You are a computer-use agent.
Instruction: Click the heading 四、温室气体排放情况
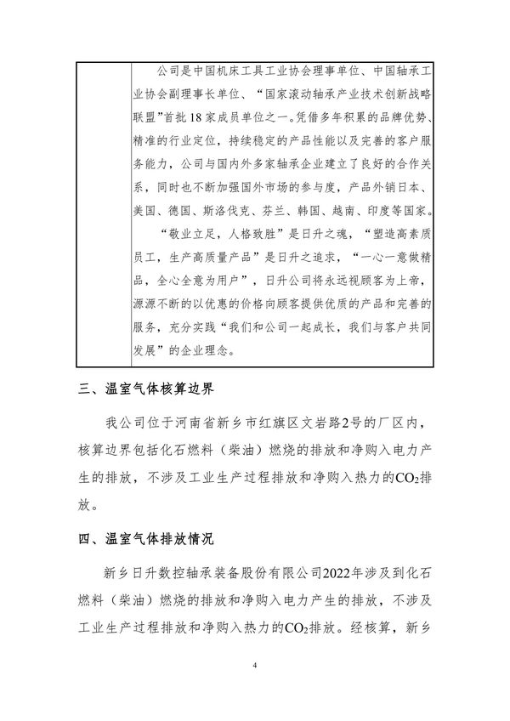[x=146, y=538]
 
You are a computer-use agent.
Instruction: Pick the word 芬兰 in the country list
[x=293, y=208]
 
